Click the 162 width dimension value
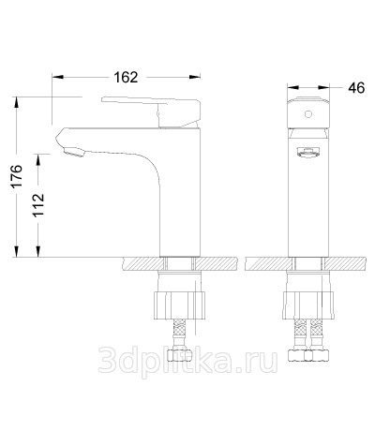[x=126, y=78]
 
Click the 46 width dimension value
[x=356, y=88]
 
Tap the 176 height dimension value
[x=16, y=175]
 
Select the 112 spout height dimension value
[x=38, y=205]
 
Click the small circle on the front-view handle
[x=308, y=114]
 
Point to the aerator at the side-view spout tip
[x=74, y=152]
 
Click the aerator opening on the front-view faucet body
[x=308, y=153]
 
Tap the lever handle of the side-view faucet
[x=151, y=112]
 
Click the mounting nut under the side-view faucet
[x=180, y=305]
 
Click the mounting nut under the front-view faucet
[x=308, y=305]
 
